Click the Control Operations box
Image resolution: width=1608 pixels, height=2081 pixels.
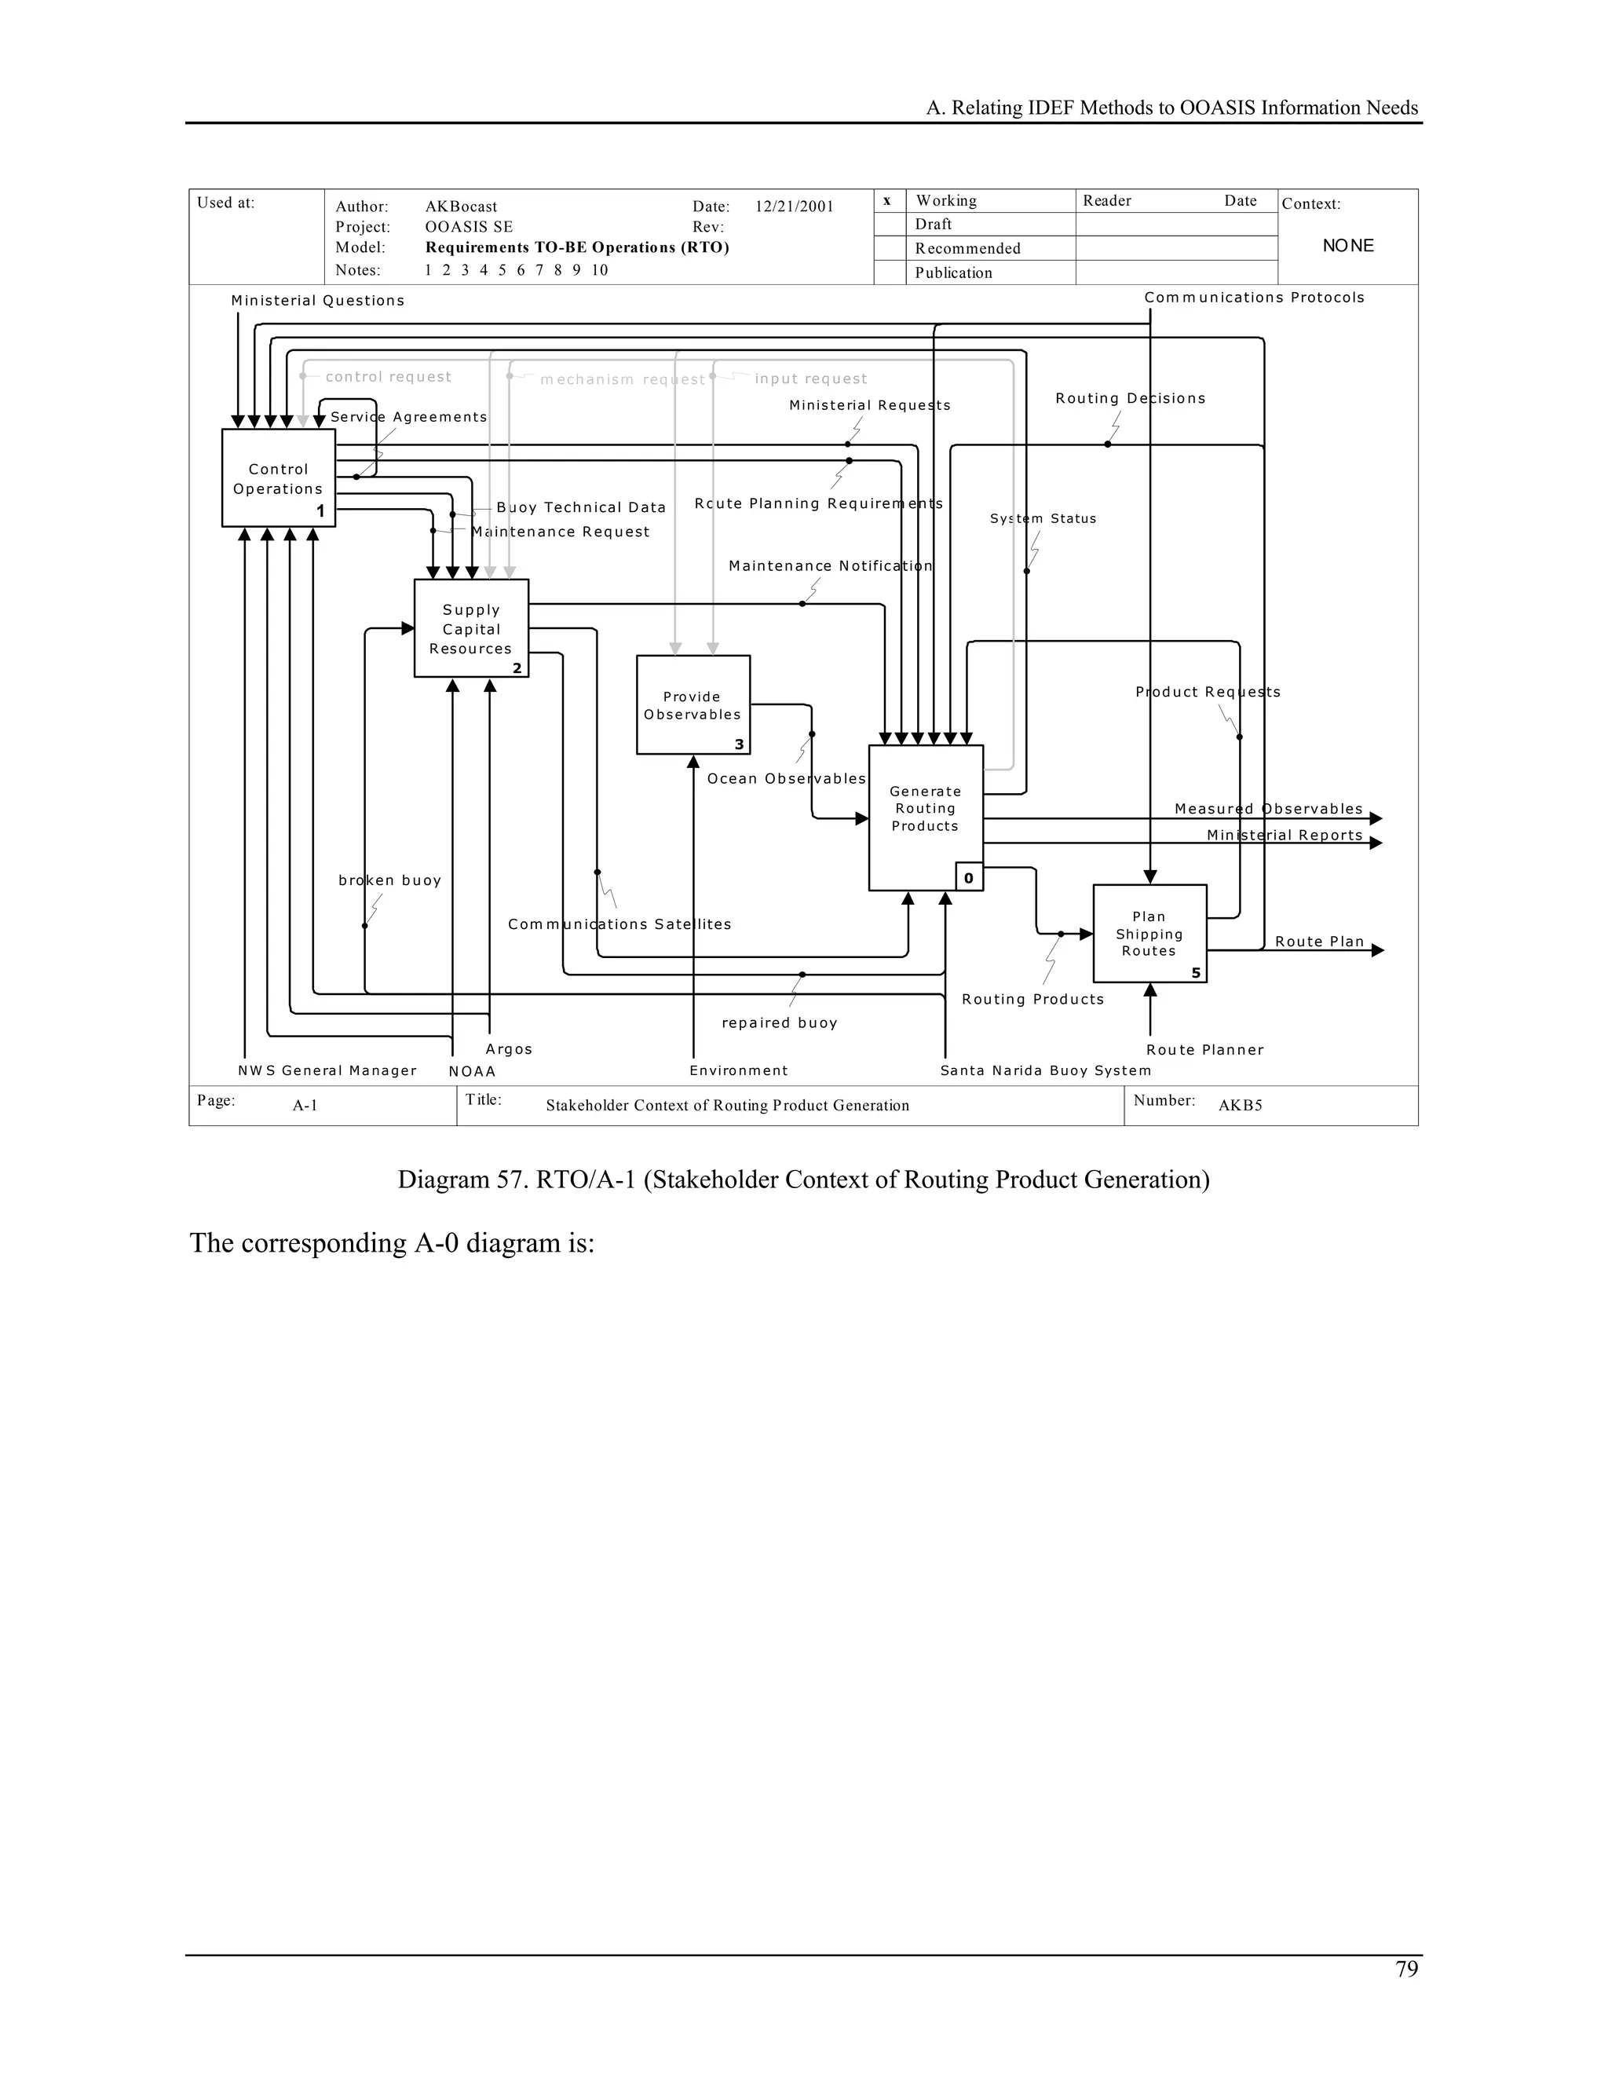[278, 477]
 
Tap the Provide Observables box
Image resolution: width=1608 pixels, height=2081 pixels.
[693, 704]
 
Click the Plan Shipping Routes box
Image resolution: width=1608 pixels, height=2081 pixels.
[1149, 933]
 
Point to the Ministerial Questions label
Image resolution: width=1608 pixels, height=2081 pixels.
[317, 301]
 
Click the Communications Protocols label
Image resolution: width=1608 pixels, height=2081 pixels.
[1254, 298]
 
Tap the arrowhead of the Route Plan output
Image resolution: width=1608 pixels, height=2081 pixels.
[1376, 950]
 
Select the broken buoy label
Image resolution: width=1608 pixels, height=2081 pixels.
[389, 880]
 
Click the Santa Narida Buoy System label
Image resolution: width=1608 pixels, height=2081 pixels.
[1045, 1070]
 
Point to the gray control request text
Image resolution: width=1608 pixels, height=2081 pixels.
[388, 376]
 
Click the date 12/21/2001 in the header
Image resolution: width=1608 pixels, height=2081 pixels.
[794, 207]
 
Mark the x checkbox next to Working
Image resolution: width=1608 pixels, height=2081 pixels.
[887, 200]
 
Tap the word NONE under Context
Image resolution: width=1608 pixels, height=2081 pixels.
[1348, 246]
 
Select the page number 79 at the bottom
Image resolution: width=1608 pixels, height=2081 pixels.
[1406, 1969]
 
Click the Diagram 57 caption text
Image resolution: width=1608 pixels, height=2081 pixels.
[803, 1179]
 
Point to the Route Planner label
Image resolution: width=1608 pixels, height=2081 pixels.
[1204, 1050]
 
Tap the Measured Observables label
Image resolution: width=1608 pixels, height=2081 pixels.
[1268, 809]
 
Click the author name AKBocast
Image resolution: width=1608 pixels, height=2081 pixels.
[461, 207]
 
